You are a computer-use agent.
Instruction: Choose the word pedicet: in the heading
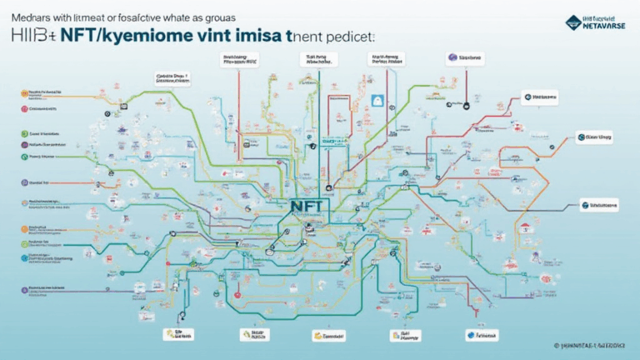click(347, 37)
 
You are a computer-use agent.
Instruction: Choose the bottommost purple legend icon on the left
click(21, 287)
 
